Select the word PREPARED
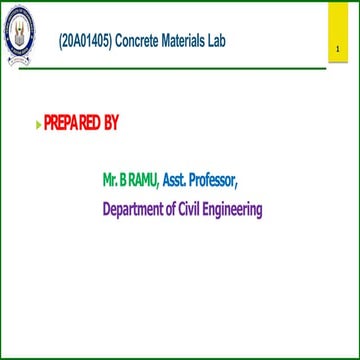(x=72, y=124)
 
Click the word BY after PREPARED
(x=111, y=124)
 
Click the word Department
(x=136, y=210)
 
